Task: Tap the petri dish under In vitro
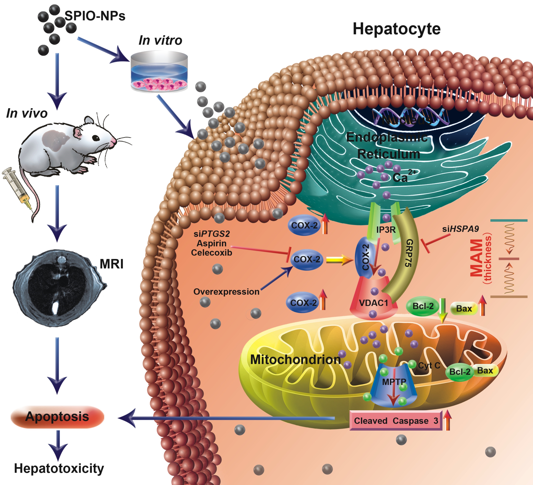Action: (159, 72)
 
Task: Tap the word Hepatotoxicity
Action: (59, 468)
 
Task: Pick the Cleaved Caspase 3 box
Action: (396, 421)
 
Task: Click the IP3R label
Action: (386, 230)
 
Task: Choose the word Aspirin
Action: (211, 243)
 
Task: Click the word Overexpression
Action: (226, 292)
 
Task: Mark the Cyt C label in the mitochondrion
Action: (429, 365)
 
